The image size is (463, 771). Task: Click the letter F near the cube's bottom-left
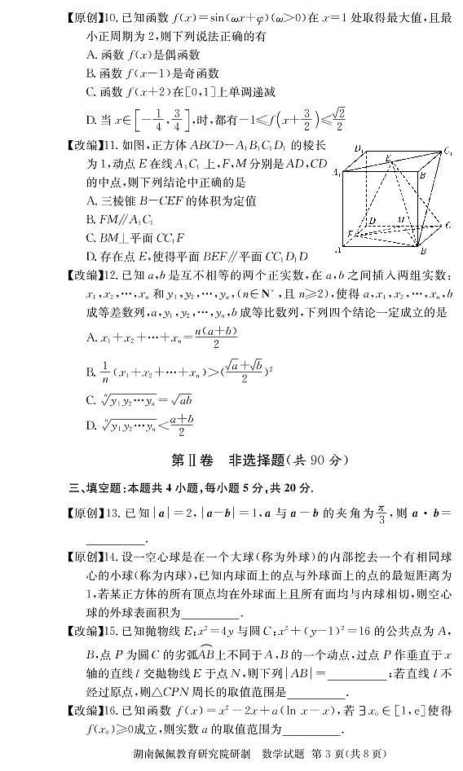(351, 234)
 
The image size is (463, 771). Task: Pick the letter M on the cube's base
(400, 219)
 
